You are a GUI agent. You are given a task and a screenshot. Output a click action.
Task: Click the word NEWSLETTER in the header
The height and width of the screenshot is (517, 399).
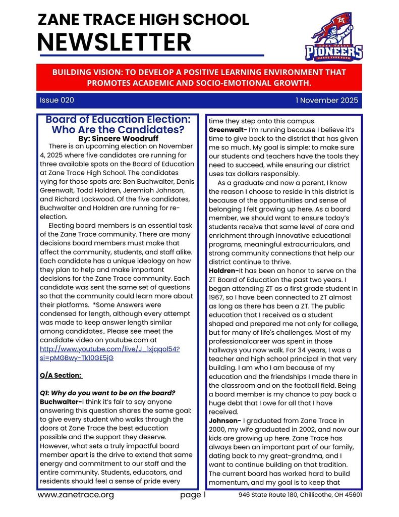coord(114,42)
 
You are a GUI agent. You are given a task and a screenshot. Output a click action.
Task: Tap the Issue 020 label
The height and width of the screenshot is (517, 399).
coord(56,100)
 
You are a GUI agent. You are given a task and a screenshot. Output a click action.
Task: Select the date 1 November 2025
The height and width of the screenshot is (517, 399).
coord(326,100)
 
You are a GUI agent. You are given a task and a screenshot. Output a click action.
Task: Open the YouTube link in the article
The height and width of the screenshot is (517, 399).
coord(109,353)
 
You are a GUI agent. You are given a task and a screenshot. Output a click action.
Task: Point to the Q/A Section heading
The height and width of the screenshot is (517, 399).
coord(61,376)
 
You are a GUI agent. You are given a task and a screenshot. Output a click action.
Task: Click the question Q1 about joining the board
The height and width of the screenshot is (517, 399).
coord(107,393)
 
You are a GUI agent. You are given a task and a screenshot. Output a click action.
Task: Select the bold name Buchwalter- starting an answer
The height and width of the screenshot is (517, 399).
coord(61,402)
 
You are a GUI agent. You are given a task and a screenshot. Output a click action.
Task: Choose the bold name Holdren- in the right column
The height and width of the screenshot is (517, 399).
coord(225,271)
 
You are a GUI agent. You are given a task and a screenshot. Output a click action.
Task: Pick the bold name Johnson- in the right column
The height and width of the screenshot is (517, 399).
coord(224,420)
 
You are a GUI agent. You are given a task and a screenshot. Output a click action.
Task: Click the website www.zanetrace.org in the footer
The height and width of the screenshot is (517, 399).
coord(76,495)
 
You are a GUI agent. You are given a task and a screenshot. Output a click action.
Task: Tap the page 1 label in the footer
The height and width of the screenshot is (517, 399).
coord(193,495)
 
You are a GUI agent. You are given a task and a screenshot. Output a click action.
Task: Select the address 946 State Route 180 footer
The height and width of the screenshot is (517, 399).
coord(300,495)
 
